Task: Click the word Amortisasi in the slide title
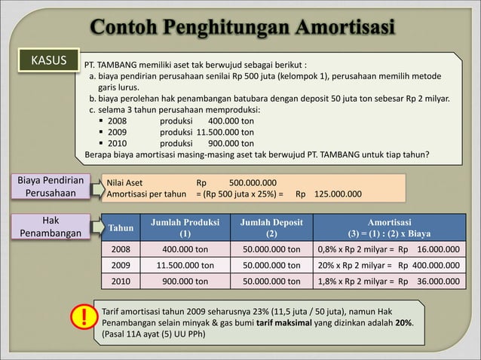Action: (335, 29)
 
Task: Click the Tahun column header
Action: (121, 228)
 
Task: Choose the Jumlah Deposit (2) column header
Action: (271, 228)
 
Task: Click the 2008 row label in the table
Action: (121, 249)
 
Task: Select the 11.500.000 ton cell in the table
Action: (185, 265)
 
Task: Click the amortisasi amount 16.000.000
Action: (438, 249)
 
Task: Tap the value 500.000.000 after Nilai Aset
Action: (253, 182)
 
